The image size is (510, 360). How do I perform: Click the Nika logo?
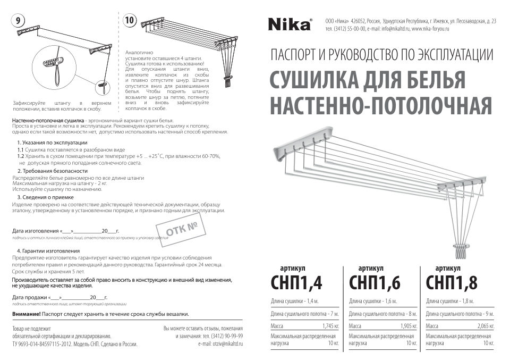tap(289, 23)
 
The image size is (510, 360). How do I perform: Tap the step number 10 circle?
tap(129, 21)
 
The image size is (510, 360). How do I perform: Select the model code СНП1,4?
tap(296, 283)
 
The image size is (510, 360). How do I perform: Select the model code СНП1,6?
tap(375, 283)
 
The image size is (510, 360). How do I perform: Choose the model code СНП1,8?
tap(453, 283)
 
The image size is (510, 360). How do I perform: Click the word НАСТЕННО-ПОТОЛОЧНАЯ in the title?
tap(380, 106)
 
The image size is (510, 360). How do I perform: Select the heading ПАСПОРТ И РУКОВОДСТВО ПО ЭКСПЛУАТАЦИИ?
tap(381, 54)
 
